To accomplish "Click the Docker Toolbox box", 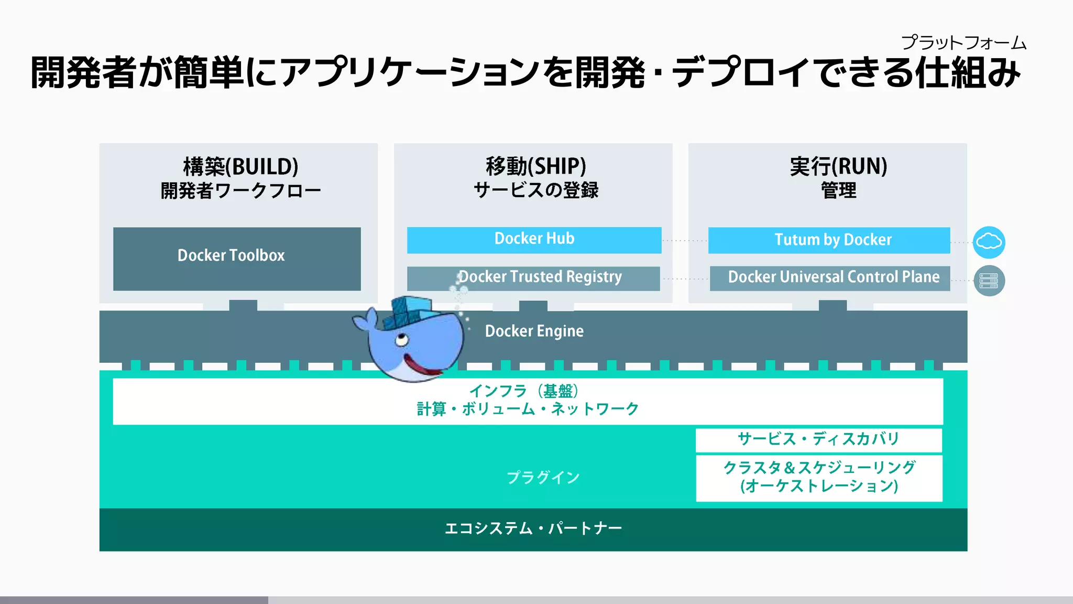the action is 237,258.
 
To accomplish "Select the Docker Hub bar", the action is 534,240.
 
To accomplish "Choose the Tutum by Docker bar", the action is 829,240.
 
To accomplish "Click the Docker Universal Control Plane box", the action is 830,278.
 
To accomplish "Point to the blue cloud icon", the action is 989,242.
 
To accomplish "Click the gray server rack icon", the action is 989,281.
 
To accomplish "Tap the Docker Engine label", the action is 534,331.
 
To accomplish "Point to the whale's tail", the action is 364,320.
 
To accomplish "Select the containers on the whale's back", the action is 409,312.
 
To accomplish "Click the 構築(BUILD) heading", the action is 240,167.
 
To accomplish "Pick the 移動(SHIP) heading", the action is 535,166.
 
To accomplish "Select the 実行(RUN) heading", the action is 838,166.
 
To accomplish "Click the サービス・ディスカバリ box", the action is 818,439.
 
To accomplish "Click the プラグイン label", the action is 543,478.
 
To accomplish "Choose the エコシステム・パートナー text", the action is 533,528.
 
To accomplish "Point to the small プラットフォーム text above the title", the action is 963,42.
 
